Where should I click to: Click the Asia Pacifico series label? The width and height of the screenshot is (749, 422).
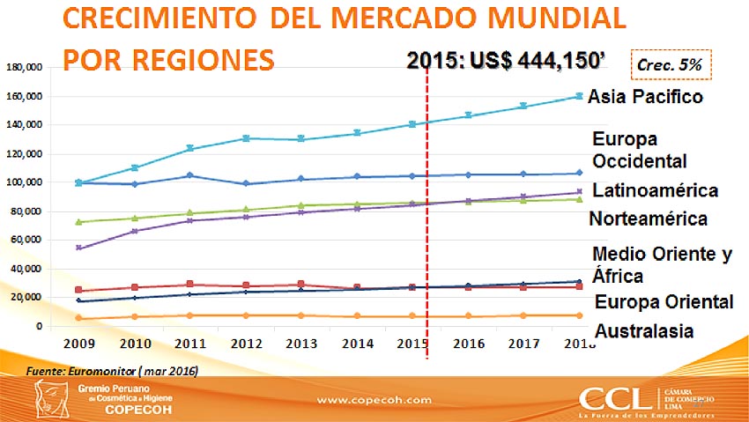(645, 97)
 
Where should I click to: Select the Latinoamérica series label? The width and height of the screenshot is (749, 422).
(655, 190)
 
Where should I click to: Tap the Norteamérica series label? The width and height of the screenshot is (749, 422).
(648, 218)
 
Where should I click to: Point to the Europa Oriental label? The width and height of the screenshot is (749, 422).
(664, 302)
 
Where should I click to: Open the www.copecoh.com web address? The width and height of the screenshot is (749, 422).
(374, 400)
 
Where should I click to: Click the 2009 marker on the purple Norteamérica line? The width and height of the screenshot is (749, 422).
(79, 248)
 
